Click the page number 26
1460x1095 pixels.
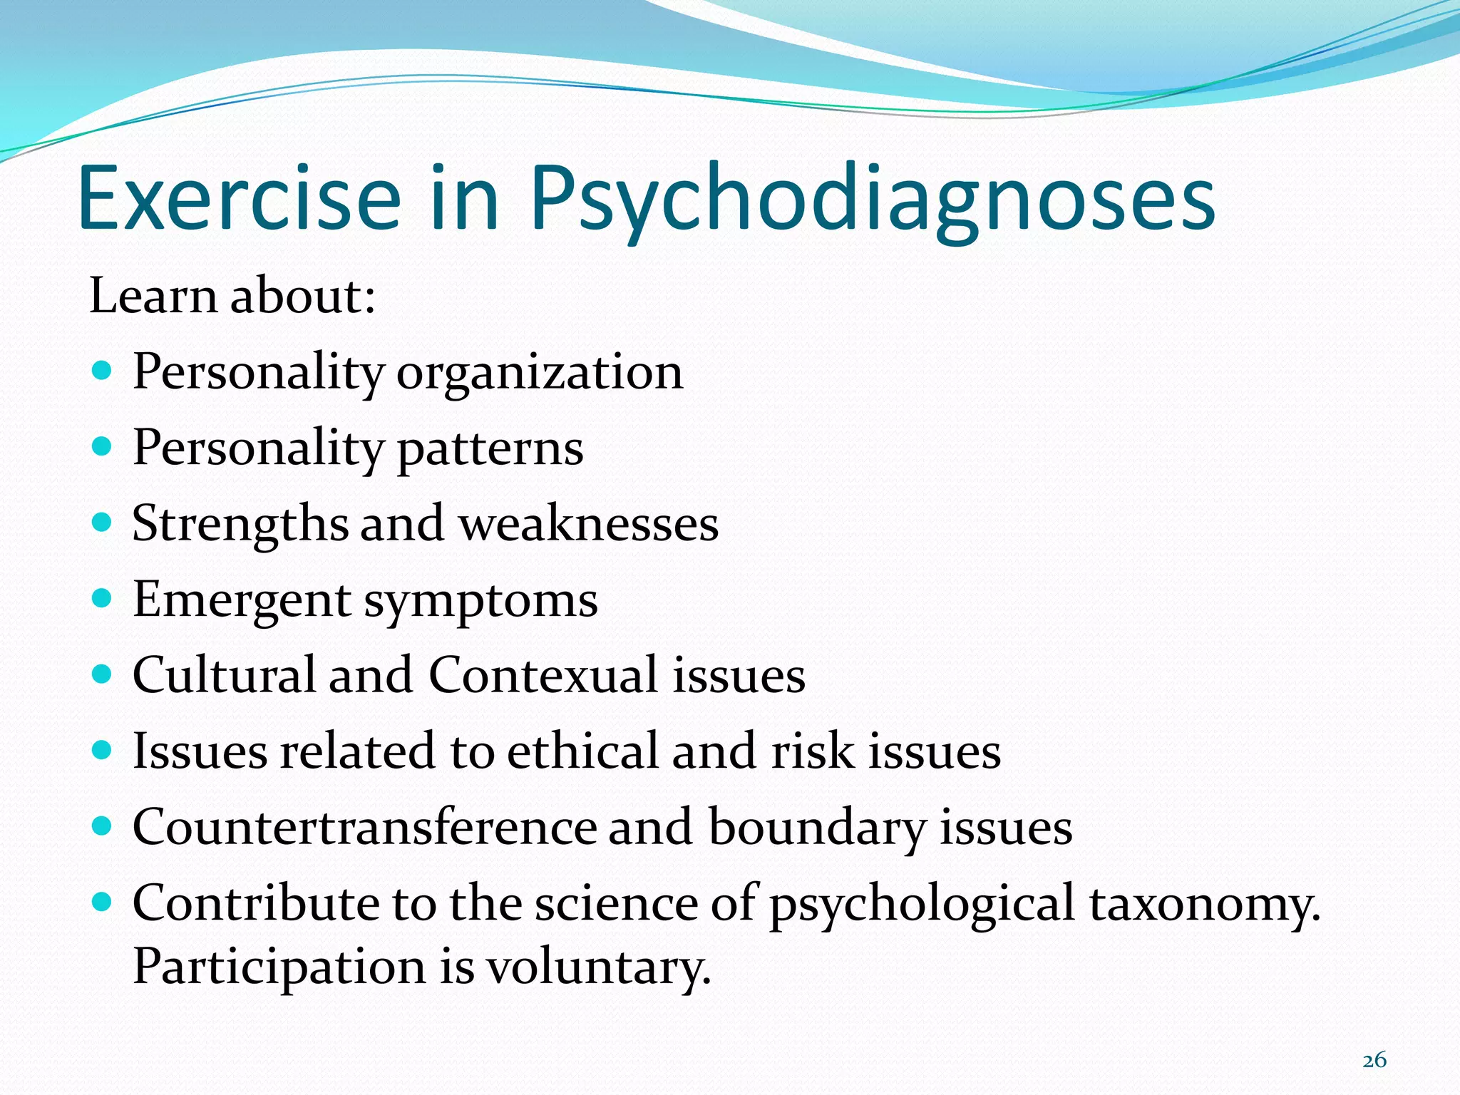click(x=1374, y=1060)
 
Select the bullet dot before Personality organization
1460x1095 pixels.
click(x=103, y=371)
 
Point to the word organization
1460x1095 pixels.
click(x=540, y=374)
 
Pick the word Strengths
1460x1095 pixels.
click(x=240, y=525)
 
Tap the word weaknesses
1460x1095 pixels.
click(x=588, y=525)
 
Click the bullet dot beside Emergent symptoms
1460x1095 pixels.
click(x=103, y=597)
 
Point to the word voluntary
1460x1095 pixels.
click(x=599, y=968)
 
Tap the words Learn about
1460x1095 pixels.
click(x=232, y=295)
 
